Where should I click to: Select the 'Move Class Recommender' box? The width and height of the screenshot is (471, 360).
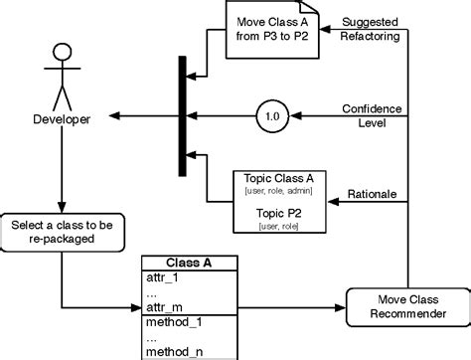405,303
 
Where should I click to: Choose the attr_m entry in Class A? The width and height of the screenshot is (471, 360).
164,308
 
